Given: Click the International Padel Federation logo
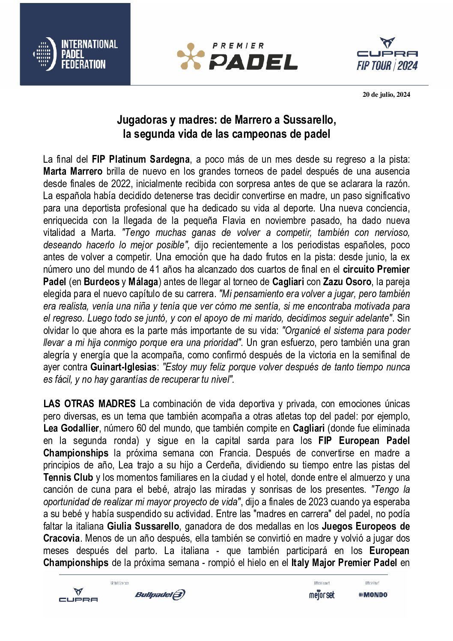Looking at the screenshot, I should point(75,54).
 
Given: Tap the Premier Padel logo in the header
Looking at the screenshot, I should point(237,56).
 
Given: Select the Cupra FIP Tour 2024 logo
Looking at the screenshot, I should point(387,54).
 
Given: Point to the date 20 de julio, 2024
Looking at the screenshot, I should point(386,95).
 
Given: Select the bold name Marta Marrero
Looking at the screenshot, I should point(73,172).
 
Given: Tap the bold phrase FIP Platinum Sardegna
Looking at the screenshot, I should point(140,159).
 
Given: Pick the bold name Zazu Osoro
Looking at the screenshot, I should point(347,282).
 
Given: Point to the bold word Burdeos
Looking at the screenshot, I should point(101,282).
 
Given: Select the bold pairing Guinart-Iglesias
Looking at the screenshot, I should point(123,367).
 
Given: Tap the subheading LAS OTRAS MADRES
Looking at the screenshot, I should point(89,404).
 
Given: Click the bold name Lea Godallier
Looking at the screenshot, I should point(71,428).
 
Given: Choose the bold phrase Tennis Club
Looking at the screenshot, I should point(68,477).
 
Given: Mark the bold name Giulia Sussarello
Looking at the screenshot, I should point(143,526).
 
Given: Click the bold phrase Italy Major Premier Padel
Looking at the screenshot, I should point(344,563).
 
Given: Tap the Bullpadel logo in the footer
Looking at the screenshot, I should point(160,594).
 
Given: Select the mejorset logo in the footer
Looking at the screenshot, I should point(322,594).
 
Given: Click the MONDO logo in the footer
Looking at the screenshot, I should point(373,594).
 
